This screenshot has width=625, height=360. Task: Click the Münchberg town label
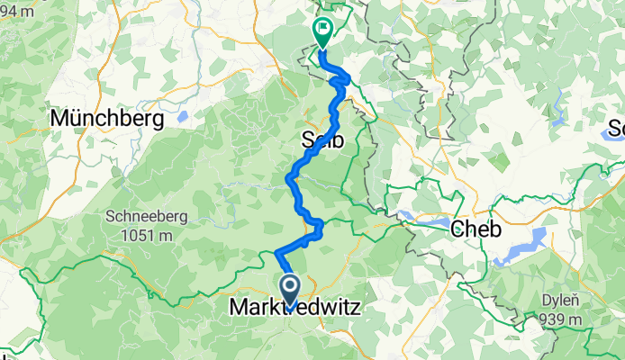107,118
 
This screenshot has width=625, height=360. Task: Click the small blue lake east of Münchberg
184,116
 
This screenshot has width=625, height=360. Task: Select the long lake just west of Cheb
423,219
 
